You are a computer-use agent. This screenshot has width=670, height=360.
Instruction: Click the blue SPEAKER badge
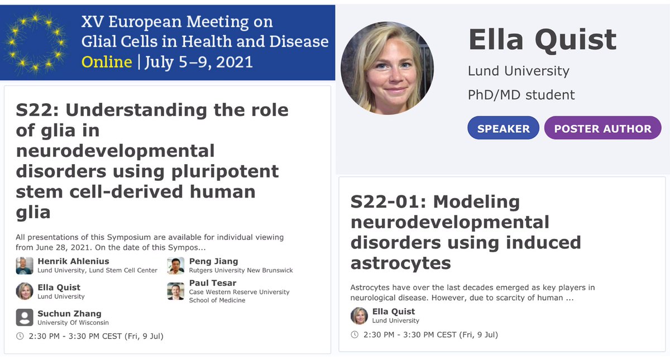point(503,128)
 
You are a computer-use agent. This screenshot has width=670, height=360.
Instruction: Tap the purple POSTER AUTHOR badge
point(602,128)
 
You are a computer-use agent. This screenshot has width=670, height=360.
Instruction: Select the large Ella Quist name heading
point(542,40)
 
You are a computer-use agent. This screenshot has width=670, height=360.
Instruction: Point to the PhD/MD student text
point(521,95)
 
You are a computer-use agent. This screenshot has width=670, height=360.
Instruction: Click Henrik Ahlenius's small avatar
point(25,266)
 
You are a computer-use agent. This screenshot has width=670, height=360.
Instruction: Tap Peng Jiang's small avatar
point(176,266)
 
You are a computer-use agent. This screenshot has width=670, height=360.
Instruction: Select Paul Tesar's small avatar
point(176,291)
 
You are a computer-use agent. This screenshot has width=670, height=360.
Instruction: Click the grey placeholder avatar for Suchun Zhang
point(25,317)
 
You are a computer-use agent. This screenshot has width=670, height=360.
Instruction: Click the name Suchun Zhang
point(69,313)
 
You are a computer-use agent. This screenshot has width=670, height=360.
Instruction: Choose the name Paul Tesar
point(212,283)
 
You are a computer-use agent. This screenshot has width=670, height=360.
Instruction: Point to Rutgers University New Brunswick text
point(241,270)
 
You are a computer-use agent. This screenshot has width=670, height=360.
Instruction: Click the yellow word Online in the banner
point(107,61)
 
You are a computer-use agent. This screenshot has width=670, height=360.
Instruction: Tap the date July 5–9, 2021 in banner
point(198,61)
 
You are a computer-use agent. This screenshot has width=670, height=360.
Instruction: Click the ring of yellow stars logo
point(35,42)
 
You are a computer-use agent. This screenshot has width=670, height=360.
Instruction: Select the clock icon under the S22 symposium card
point(20,336)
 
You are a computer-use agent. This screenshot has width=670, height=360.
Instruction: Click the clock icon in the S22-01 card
point(355,335)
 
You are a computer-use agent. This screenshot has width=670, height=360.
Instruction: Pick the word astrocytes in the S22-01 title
point(400,262)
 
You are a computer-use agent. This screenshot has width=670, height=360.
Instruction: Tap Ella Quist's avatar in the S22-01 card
point(359,316)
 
